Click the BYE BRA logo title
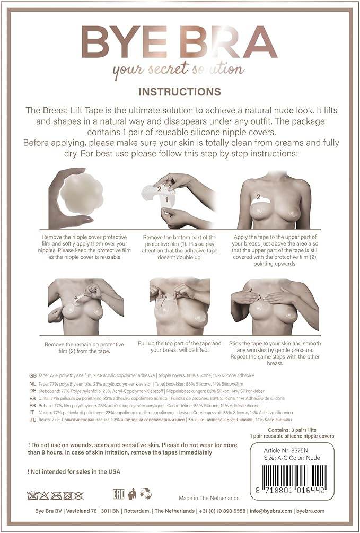pos(179,42)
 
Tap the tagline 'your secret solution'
pos(179,69)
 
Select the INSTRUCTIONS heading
pos(179,92)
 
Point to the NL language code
pos(33,383)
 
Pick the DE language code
pos(33,390)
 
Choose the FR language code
pos(33,405)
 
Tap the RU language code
pos(33,420)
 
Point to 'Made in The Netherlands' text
pos(209,498)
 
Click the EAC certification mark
pos(118,494)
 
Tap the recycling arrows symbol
pos(146,494)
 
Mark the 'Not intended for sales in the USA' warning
pos(74,471)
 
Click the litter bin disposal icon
pos(132,494)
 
